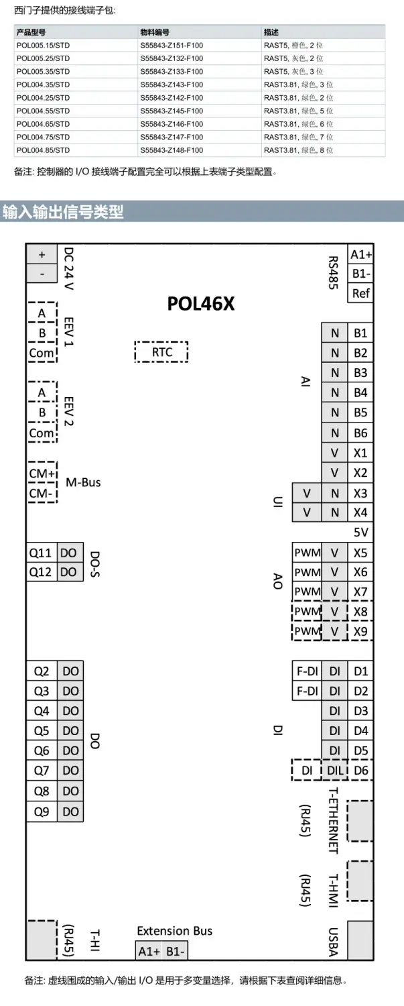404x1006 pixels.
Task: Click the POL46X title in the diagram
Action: click(201, 304)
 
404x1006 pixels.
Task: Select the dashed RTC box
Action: click(161, 351)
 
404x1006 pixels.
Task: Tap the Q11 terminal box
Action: click(41, 553)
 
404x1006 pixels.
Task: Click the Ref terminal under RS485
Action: click(360, 293)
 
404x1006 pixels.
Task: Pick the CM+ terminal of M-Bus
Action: click(42, 473)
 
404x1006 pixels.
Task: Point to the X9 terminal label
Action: click(360, 631)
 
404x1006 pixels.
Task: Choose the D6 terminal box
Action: click(360, 771)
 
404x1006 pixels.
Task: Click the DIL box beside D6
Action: click(334, 771)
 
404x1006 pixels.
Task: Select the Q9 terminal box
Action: click(42, 811)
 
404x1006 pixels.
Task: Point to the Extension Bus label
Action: click(174, 930)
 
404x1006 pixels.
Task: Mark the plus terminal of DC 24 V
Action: click(42, 254)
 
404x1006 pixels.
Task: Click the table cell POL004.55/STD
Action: click(43, 111)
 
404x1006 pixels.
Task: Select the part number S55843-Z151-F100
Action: click(172, 45)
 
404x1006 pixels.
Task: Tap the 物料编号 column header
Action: click(154, 32)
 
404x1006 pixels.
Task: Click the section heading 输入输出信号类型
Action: click(63, 212)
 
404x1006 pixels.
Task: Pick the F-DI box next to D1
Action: click(307, 671)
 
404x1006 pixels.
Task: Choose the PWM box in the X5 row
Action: click(307, 553)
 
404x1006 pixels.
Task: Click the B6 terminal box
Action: click(360, 433)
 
